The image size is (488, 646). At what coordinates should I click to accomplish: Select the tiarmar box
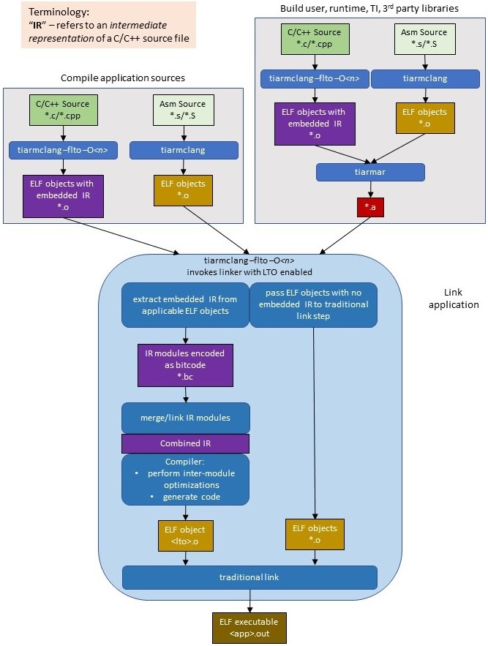tap(370, 172)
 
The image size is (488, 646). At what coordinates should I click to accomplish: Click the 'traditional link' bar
tap(249, 577)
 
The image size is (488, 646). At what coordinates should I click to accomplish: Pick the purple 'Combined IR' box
tap(185, 443)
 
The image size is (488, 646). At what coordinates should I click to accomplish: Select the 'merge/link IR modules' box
tap(185, 417)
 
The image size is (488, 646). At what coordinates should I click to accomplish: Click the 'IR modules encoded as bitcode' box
tap(185, 366)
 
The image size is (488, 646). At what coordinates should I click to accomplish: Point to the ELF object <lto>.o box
tap(185, 535)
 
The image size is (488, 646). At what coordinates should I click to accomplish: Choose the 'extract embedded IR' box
tap(185, 306)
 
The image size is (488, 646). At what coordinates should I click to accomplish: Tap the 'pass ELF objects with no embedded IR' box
tap(313, 306)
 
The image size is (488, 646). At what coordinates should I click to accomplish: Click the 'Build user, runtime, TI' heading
tap(370, 8)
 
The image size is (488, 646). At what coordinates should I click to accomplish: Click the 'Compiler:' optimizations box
tap(185, 480)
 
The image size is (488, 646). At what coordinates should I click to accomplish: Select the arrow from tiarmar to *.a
tap(370, 189)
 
